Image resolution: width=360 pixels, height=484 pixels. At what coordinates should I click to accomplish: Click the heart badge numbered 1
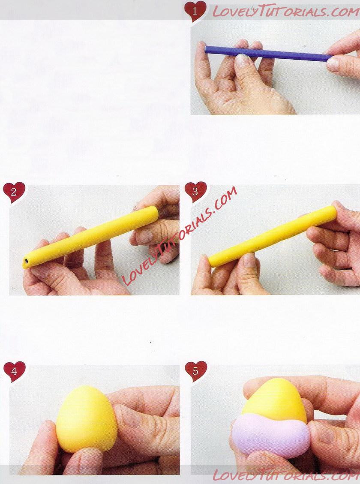click(x=195, y=11)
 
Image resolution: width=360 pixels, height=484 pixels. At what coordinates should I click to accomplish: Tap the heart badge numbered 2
click(x=14, y=192)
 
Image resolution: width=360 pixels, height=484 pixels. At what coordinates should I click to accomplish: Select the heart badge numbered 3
click(x=195, y=192)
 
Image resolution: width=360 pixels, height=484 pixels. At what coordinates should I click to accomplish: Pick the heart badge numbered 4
click(x=14, y=371)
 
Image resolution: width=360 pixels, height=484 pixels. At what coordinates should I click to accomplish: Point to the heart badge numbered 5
click(x=195, y=371)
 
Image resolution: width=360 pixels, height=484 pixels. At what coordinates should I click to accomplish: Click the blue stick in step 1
click(x=268, y=54)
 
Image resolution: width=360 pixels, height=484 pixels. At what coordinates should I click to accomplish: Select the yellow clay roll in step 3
click(x=273, y=236)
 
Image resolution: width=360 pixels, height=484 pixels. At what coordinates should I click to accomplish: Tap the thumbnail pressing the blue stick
click(x=243, y=60)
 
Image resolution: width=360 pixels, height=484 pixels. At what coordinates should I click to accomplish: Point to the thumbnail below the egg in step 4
click(x=90, y=460)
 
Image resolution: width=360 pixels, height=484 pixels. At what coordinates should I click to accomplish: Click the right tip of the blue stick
click(x=332, y=58)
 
